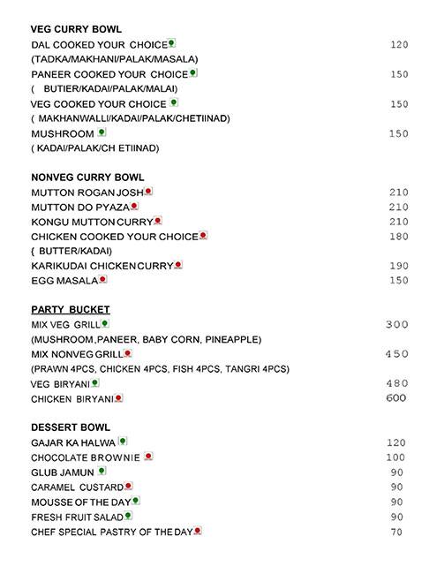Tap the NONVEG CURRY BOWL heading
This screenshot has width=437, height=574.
(x=87, y=177)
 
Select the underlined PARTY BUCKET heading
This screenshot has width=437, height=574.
(x=70, y=310)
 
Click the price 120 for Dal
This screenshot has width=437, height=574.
(x=399, y=44)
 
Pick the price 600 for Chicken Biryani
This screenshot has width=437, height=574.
(x=396, y=398)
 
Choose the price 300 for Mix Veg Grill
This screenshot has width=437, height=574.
(x=397, y=325)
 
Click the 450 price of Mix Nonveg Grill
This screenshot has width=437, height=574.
(x=397, y=354)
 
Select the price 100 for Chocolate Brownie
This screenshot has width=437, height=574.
(x=396, y=457)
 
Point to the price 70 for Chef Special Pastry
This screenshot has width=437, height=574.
(x=396, y=532)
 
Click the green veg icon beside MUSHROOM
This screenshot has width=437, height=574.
(x=102, y=132)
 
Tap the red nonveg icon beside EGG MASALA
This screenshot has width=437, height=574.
(x=102, y=280)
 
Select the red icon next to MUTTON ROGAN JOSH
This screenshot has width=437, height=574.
(x=148, y=191)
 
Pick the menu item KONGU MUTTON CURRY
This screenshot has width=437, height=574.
(x=92, y=221)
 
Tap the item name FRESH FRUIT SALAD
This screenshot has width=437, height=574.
(x=77, y=517)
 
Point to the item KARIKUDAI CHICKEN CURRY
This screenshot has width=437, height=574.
(x=102, y=266)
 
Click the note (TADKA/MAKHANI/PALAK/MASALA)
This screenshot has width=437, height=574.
(x=114, y=59)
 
